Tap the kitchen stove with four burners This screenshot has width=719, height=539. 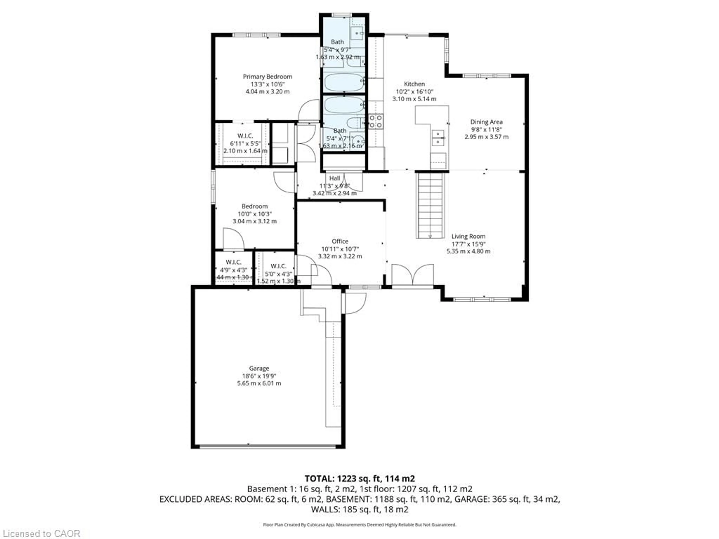pyautogui.click(x=375, y=121)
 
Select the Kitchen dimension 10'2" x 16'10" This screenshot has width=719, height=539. pyautogui.click(x=414, y=92)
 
